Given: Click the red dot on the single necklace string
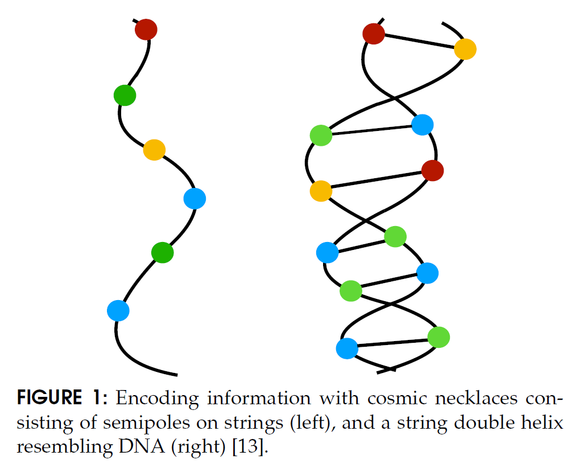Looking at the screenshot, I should click(146, 29).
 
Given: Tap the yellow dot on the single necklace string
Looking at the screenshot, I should click(154, 150).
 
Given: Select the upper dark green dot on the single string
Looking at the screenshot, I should click(125, 95).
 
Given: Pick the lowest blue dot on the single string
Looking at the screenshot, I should click(118, 310).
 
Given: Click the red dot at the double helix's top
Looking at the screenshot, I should click(374, 34).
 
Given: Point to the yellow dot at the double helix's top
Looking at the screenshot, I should click(465, 50).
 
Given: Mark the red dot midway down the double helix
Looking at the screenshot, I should click(432, 170).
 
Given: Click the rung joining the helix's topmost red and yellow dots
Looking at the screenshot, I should click(419, 42).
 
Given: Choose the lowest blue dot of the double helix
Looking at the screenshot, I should click(346, 348).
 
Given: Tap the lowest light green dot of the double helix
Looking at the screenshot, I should click(439, 337).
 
